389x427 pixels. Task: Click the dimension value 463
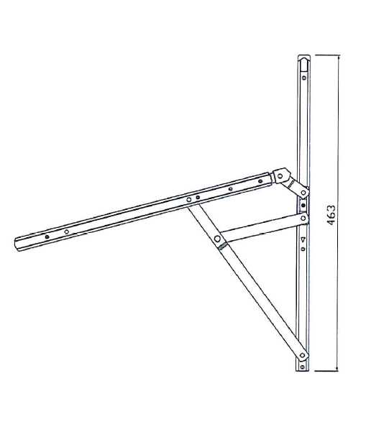[331, 215]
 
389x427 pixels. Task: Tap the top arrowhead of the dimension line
[339, 57]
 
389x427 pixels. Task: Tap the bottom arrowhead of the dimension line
[338, 369]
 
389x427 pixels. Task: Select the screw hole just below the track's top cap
[304, 78]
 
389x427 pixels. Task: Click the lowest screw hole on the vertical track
[303, 367]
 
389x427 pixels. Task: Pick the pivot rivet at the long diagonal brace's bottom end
[302, 355]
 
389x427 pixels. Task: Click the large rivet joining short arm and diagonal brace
[217, 239]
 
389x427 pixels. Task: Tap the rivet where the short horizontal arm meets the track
[303, 218]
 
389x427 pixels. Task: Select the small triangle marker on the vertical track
[303, 239]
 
